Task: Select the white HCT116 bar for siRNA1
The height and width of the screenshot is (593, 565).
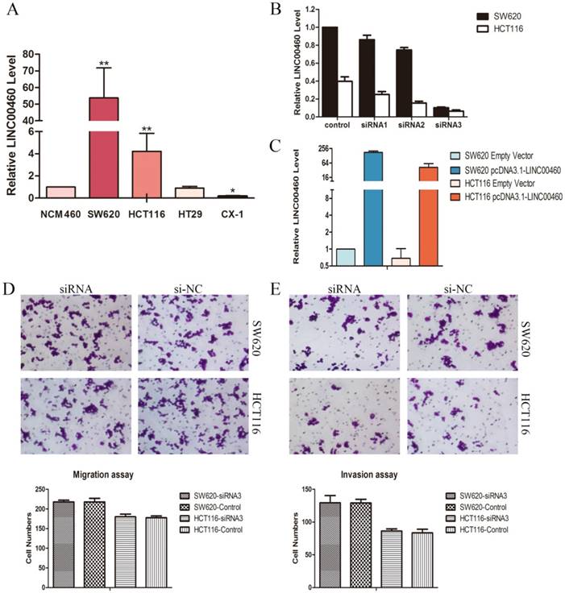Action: pos(380,106)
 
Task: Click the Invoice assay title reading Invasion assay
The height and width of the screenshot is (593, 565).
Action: pos(365,475)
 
